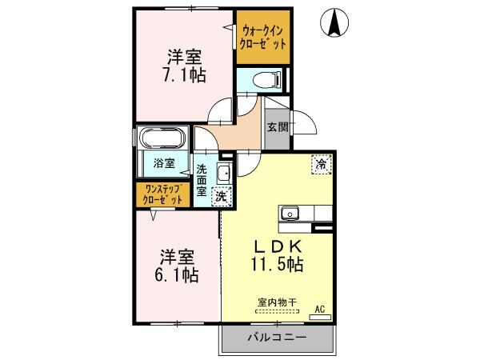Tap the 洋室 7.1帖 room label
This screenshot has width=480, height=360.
pyautogui.click(x=184, y=66)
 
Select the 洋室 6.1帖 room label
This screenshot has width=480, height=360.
pyautogui.click(x=178, y=266)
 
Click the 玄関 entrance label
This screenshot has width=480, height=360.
pyautogui.click(x=277, y=126)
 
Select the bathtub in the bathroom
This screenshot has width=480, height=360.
pyautogui.click(x=162, y=138)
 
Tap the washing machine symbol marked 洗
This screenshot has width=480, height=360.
pyautogui.click(x=219, y=194)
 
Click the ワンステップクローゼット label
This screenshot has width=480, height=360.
pyautogui.click(x=162, y=194)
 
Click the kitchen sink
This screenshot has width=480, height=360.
pyautogui.click(x=289, y=214)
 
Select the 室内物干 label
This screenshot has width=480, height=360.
pyautogui.click(x=277, y=302)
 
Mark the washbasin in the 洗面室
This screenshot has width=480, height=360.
pyautogui.click(x=223, y=172)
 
